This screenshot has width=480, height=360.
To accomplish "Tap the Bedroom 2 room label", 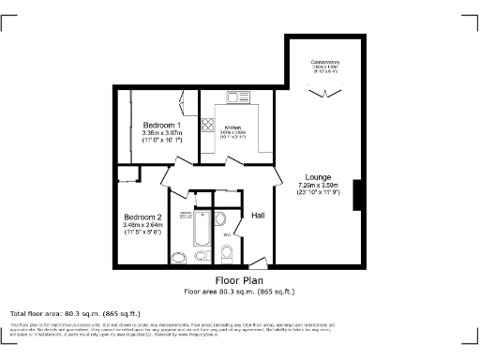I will click(x=143, y=216).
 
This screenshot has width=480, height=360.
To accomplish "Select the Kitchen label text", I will click(x=232, y=127).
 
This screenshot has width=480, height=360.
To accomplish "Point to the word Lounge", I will click(x=318, y=176).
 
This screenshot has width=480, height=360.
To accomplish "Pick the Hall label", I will click(x=260, y=216).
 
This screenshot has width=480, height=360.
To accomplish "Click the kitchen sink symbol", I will click(x=235, y=97).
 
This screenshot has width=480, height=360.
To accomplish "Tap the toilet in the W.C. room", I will click(x=227, y=251).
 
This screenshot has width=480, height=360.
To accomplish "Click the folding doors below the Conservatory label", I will click(x=325, y=92).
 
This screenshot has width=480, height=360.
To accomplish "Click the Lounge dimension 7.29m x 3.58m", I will click(x=318, y=186).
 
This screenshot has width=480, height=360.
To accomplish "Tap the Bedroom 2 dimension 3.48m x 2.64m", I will click(x=143, y=224).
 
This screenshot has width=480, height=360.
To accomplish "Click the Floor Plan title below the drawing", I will click(x=239, y=280).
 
